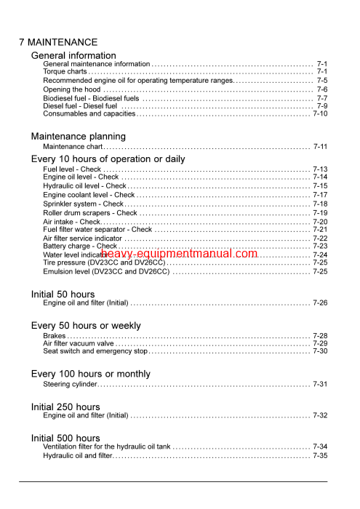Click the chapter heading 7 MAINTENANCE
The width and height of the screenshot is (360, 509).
[58, 42]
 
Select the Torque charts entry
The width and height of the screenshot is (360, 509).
[65, 72]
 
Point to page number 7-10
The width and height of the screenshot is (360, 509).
[320, 114]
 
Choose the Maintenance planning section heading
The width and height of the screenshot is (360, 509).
[78, 136]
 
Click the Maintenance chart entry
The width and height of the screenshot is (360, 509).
[72, 147]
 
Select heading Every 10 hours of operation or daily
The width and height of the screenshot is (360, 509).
[108, 159]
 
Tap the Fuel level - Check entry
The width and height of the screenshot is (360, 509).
[72, 169]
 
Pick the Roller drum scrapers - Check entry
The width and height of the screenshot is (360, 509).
[89, 213]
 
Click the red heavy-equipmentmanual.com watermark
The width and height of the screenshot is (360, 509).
[185, 253]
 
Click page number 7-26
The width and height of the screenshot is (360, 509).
[320, 302]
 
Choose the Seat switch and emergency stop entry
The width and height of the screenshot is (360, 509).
[95, 351]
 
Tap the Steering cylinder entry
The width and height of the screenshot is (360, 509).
[69, 385]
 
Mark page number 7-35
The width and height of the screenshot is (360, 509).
[320, 456]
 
